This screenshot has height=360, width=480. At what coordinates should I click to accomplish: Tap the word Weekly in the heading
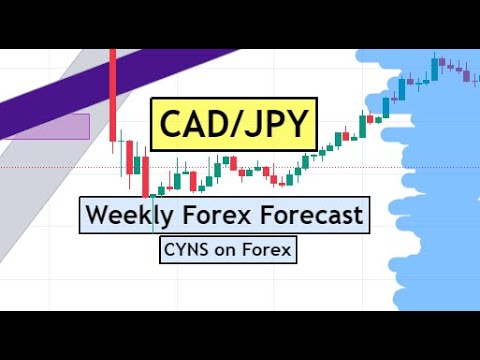(x=122, y=214)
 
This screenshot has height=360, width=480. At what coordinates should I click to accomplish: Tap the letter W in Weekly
(x=94, y=214)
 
